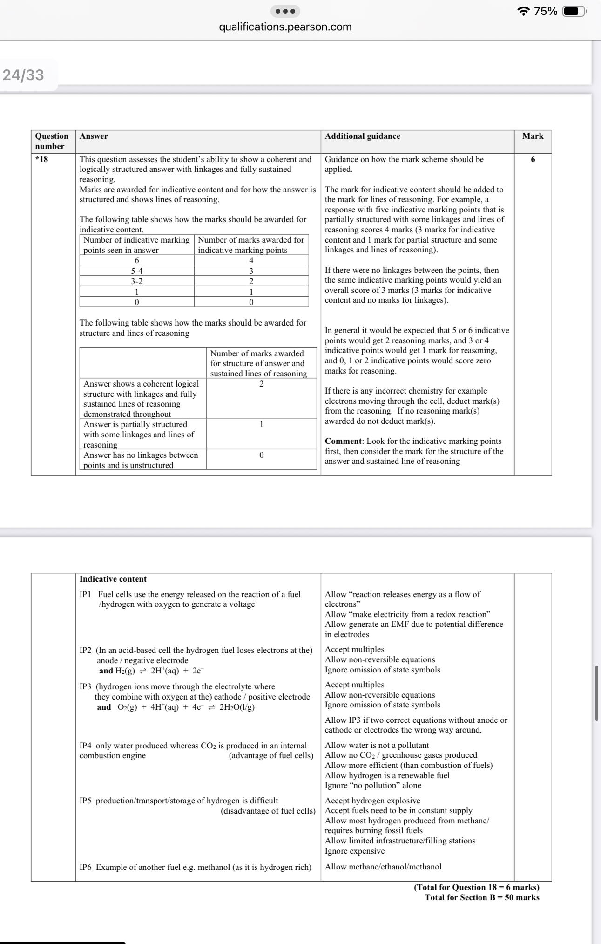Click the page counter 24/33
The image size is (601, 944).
pyautogui.click(x=23, y=75)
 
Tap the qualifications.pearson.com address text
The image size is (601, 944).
pyautogui.click(x=285, y=27)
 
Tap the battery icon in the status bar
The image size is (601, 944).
pyautogui.click(x=574, y=11)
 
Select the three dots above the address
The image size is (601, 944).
pyautogui.click(x=285, y=11)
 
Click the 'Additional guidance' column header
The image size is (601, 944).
pyautogui.click(x=362, y=136)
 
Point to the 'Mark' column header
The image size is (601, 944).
pyautogui.click(x=533, y=136)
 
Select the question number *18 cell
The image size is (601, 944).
pyautogui.click(x=42, y=159)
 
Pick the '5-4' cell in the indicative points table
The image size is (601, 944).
pyautogui.click(x=136, y=271)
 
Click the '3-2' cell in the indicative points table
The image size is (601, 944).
pyautogui.click(x=136, y=281)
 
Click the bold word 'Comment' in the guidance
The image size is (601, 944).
pyautogui.click(x=343, y=441)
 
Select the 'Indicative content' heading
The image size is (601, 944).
pyautogui.click(x=113, y=579)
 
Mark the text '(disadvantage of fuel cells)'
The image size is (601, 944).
pyautogui.click(x=268, y=811)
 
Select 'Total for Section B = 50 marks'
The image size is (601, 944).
pyautogui.click(x=482, y=897)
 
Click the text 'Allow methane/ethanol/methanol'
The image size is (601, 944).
pyautogui.click(x=383, y=867)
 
